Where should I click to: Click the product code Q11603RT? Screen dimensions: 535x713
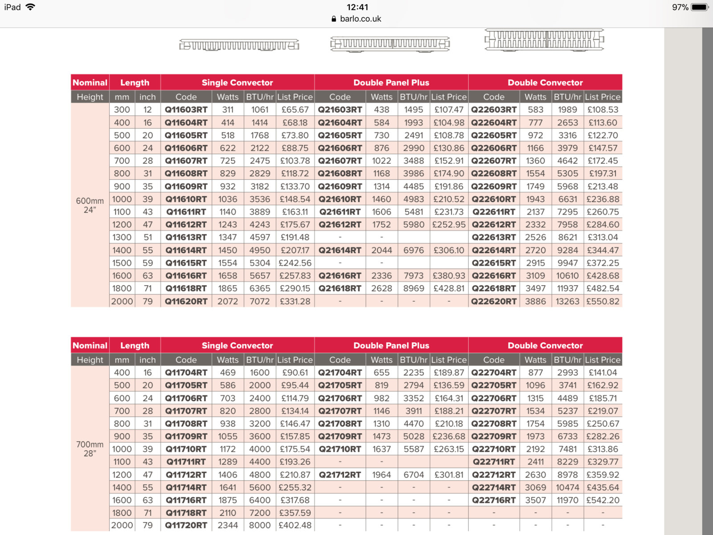(186, 110)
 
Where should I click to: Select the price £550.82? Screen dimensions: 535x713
(602, 301)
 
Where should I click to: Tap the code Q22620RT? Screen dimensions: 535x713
(494, 301)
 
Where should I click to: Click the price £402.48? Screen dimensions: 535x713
(295, 525)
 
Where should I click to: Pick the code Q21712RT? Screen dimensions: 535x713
(340, 475)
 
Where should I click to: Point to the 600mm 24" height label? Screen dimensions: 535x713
(90, 205)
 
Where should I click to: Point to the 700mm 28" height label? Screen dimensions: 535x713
(90, 449)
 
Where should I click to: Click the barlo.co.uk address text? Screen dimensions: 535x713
(361, 19)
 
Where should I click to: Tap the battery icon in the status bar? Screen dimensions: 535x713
(700, 7)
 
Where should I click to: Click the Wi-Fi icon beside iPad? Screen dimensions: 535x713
(30, 7)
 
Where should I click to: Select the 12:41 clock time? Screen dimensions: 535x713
(357, 7)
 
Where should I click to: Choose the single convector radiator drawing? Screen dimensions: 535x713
(239, 45)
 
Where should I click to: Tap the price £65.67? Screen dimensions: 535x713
(295, 110)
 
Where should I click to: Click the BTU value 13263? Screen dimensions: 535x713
(567, 301)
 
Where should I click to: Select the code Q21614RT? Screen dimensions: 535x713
(340, 250)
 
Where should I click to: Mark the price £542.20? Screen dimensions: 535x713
(602, 500)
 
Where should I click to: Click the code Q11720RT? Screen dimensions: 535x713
(186, 525)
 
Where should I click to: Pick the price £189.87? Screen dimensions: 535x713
(449, 372)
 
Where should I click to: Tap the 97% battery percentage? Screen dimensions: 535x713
(680, 7)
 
